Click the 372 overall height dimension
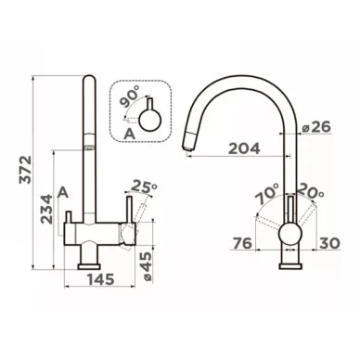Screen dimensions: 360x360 [x=25, y=170]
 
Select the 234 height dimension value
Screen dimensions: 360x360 [x=47, y=209]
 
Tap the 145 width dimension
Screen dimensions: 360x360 [x=100, y=279]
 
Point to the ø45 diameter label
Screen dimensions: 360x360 [x=148, y=266]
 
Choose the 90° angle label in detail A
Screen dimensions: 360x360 [x=129, y=97]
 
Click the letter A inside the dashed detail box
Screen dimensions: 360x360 [x=129, y=134]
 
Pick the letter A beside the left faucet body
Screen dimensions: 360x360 [x=63, y=193]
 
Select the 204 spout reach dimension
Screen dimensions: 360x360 [x=244, y=149]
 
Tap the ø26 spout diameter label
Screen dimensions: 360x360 [x=316, y=127]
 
